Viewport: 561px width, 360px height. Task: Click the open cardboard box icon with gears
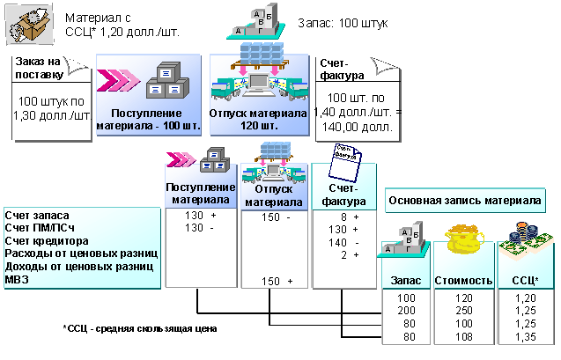click(27, 25)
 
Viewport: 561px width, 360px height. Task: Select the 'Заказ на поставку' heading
click(41, 68)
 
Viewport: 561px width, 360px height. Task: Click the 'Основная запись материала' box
click(465, 200)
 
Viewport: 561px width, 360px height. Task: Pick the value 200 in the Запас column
click(405, 311)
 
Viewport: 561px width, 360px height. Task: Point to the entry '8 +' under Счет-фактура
click(350, 216)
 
